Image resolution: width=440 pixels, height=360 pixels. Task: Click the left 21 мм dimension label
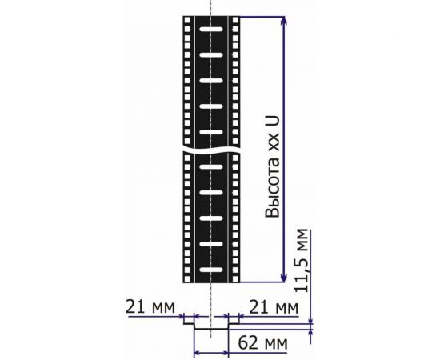point(150,307)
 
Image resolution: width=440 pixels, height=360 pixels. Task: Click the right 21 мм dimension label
point(274,307)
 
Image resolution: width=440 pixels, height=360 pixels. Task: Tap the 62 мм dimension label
point(262,343)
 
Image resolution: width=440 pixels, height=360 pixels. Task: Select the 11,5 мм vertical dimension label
point(302,261)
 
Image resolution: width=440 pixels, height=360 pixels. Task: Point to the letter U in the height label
point(273,121)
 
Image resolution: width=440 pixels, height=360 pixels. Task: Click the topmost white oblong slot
point(211,29)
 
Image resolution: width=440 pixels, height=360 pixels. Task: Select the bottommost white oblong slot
point(211,270)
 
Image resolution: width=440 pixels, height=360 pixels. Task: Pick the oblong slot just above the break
point(211,132)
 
